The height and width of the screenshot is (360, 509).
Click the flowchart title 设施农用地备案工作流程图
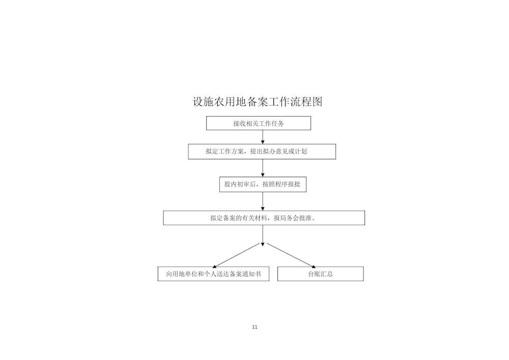pyautogui.click(x=258, y=102)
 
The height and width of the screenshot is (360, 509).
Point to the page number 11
pyautogui.click(x=254, y=327)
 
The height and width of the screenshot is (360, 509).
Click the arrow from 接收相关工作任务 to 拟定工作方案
pyautogui.click(x=263, y=137)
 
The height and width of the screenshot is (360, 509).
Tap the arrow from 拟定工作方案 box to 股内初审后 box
pyautogui.click(x=263, y=168)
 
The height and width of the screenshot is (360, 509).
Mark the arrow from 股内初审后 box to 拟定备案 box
pyautogui.click(x=263, y=201)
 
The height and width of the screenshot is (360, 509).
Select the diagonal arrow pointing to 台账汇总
pyautogui.click(x=291, y=256)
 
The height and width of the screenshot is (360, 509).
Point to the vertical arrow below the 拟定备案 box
pyautogui.click(x=263, y=235)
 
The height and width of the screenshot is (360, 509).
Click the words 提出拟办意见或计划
pyautogui.click(x=278, y=151)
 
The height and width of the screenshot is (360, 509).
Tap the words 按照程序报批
pyautogui.click(x=281, y=184)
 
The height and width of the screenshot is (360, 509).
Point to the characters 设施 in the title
pyautogui.click(x=204, y=102)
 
